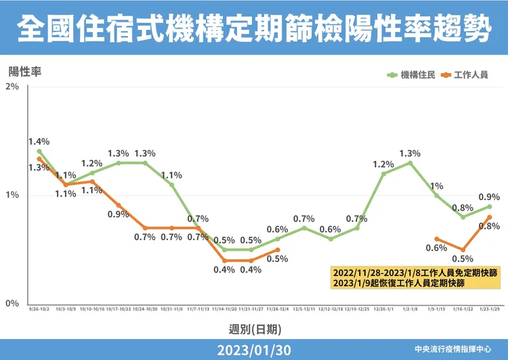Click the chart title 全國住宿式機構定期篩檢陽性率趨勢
coord(253,28)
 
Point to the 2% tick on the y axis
coord(12,87)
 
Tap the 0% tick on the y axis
coord(12,303)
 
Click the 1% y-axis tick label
coord(12,195)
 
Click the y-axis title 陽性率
coord(25,71)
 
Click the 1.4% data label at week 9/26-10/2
coord(39,142)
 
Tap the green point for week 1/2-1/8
coord(410,163)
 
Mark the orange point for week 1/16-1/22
coord(463,249)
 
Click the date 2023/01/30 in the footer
coord(253,350)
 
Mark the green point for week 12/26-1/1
coord(383,174)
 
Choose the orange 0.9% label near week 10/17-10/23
coord(118,215)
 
